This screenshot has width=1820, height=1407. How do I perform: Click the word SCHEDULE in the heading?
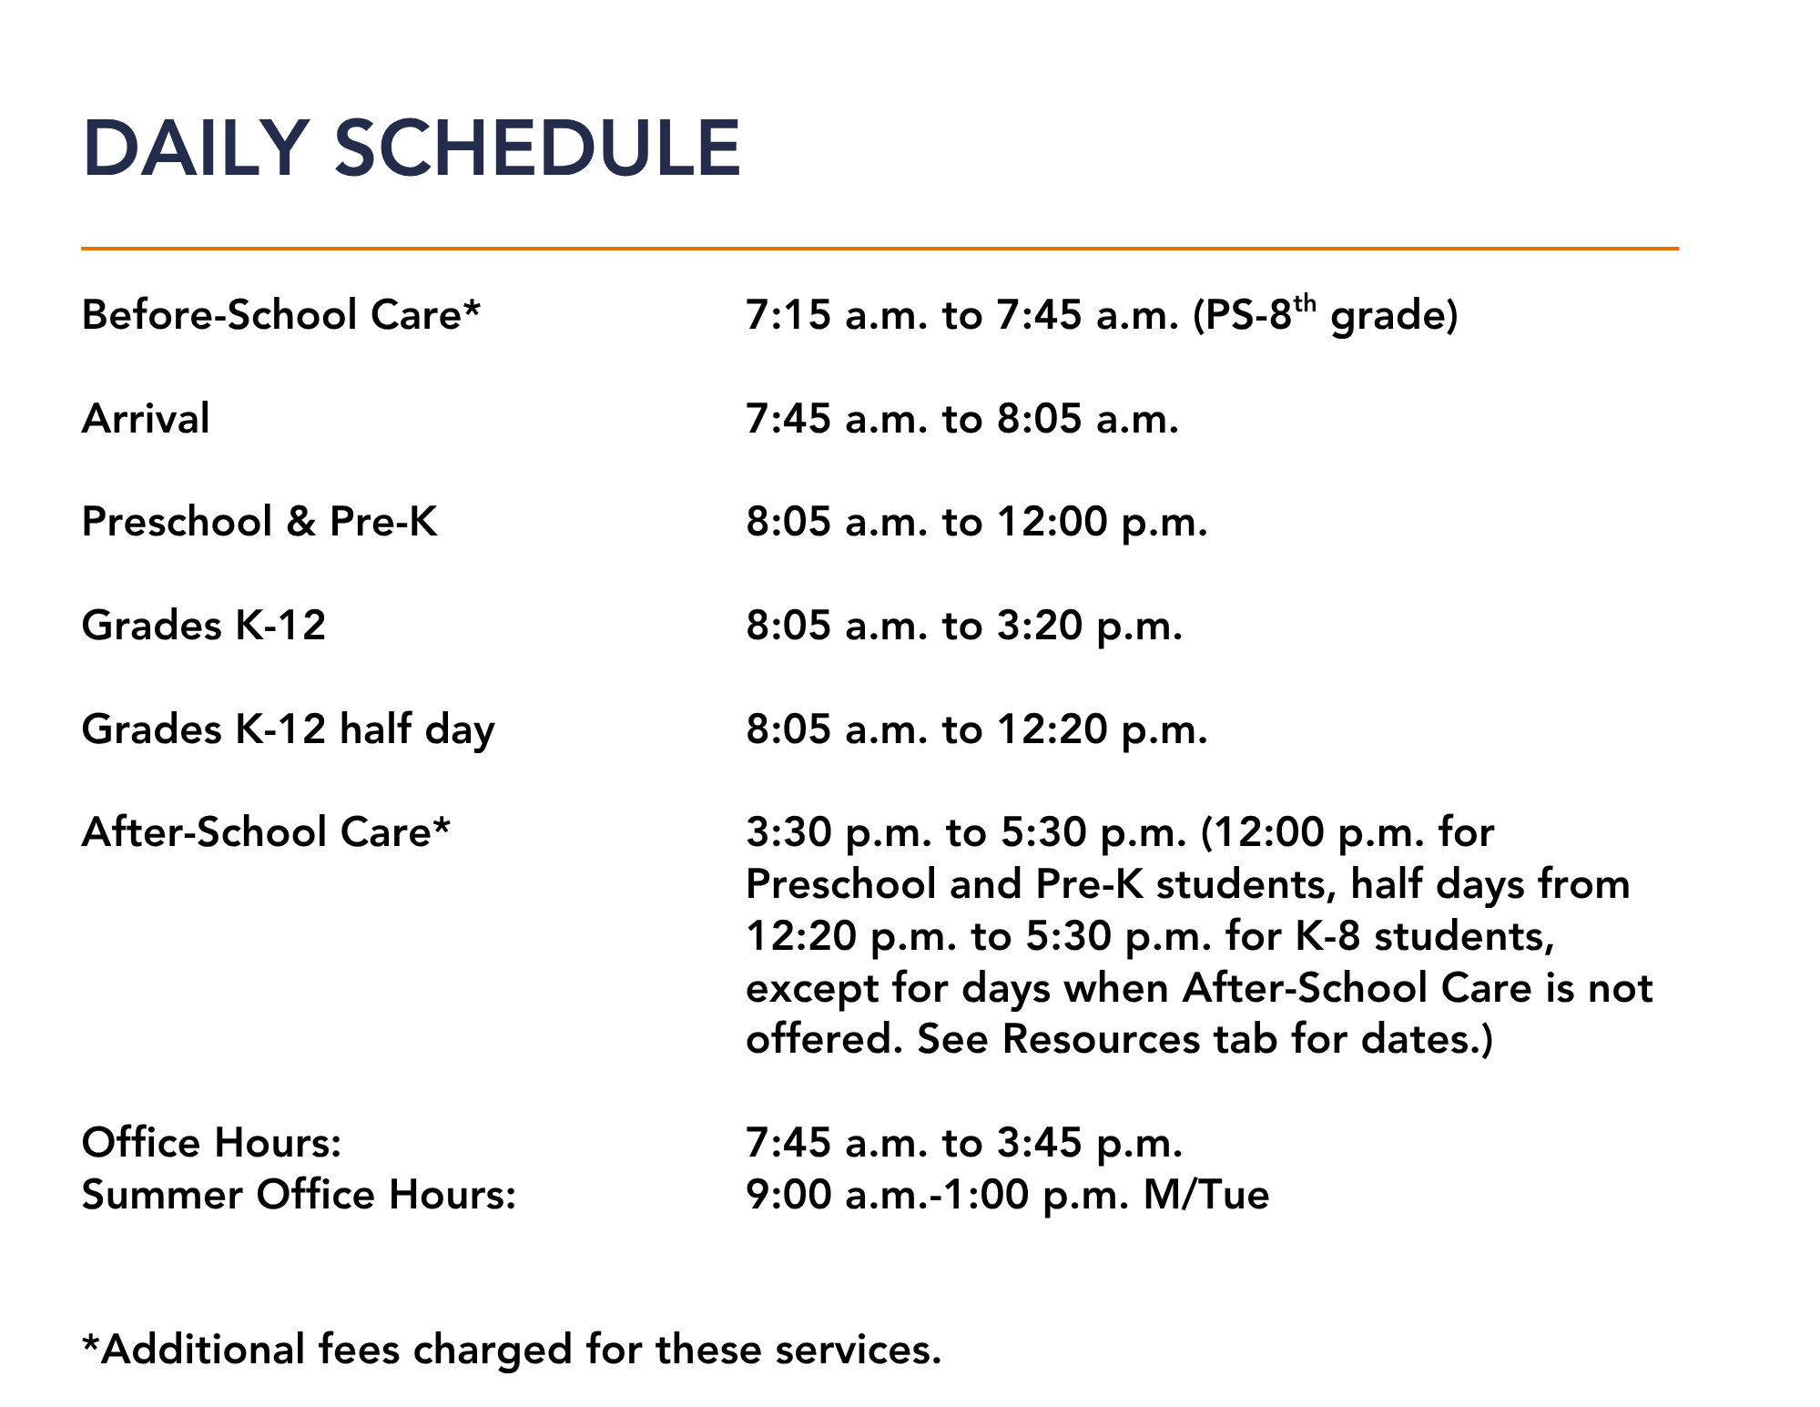pos(538,148)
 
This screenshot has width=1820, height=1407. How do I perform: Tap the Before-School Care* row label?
pos(281,315)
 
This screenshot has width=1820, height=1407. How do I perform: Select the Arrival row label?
pos(146,419)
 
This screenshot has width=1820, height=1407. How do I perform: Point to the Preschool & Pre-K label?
pos(259,522)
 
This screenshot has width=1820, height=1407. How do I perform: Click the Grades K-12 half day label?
pos(289,729)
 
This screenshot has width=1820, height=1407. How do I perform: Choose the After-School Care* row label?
pos(266,832)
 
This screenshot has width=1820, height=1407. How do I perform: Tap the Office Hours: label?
pos(212,1143)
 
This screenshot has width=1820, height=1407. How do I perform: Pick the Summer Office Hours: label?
pos(300,1195)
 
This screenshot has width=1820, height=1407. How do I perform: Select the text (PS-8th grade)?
pos(1326,315)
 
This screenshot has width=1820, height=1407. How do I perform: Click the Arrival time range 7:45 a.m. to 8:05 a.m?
pos(962,419)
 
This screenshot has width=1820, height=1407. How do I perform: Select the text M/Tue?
pos(1206,1195)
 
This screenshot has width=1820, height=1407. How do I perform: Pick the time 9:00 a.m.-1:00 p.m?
pos(938,1196)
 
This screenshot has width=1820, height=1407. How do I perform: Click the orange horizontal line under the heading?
pos(879,248)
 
